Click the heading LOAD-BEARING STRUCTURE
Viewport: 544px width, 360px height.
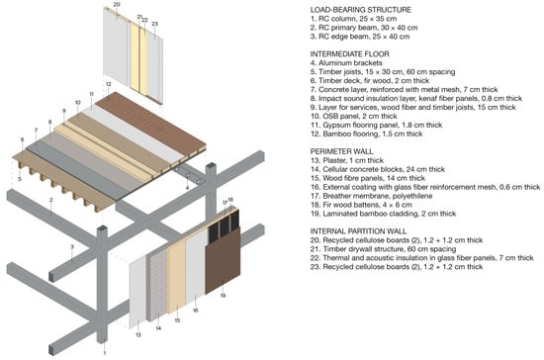tap(360, 10)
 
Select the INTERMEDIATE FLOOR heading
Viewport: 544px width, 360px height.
tap(350, 53)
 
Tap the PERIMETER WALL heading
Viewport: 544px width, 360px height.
tap(342, 151)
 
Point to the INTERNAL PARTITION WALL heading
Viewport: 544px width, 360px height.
tap(358, 231)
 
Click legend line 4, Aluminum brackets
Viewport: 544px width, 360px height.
tap(346, 62)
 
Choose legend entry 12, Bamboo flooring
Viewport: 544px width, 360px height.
tap(366, 134)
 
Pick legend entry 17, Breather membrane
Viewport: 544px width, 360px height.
tap(371, 196)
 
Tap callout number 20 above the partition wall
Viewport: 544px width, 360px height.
tap(117, 5)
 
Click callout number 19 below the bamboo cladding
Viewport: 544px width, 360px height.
tap(223, 296)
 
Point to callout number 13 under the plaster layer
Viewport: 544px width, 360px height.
tap(138, 334)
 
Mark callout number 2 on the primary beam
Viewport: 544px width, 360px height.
tap(51, 200)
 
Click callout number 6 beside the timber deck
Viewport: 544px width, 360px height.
tap(22, 139)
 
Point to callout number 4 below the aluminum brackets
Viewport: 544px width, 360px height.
tap(187, 188)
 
